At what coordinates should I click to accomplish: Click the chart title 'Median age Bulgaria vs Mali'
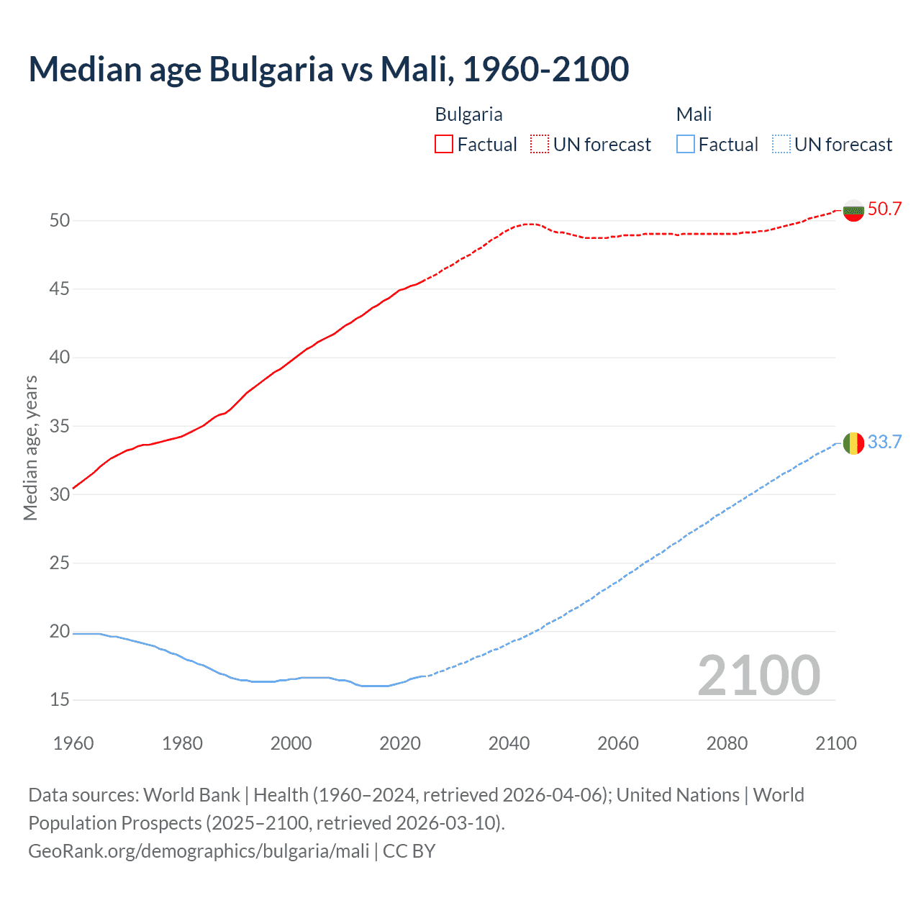point(329,69)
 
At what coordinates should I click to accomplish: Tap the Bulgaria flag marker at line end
point(853,210)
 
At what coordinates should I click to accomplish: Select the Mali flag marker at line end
point(853,443)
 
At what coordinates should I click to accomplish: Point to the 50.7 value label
point(884,209)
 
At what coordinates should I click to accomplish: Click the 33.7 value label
point(884,442)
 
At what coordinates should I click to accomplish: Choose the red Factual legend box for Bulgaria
point(444,145)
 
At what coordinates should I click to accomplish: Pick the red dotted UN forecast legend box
point(540,145)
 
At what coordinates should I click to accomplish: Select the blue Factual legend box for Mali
point(686,145)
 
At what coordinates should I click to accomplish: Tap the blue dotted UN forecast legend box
point(781,145)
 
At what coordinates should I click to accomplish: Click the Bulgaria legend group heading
point(468,114)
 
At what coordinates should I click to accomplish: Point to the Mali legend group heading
point(694,114)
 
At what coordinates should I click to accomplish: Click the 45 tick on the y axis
point(60,289)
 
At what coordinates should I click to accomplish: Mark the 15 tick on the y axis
point(60,699)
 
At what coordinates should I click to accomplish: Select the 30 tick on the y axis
point(60,494)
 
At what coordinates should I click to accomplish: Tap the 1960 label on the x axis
point(73,743)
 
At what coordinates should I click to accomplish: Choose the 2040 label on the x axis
point(509,743)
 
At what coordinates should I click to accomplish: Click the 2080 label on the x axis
point(727,743)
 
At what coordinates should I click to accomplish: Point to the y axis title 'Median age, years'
point(30,448)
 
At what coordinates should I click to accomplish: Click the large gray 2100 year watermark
point(758,675)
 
